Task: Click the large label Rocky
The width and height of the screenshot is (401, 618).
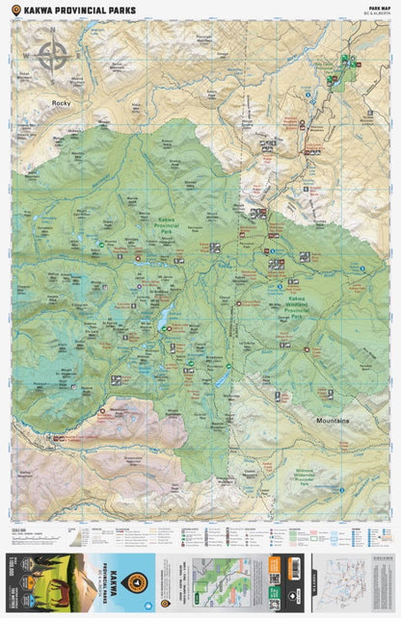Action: coord(64,102)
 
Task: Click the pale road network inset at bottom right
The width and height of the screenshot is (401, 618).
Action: coord(348,581)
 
